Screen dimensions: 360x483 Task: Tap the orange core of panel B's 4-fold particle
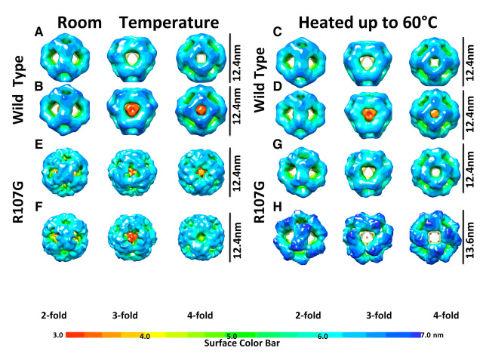[x=201, y=110]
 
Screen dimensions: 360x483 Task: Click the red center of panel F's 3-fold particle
[x=130, y=238]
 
